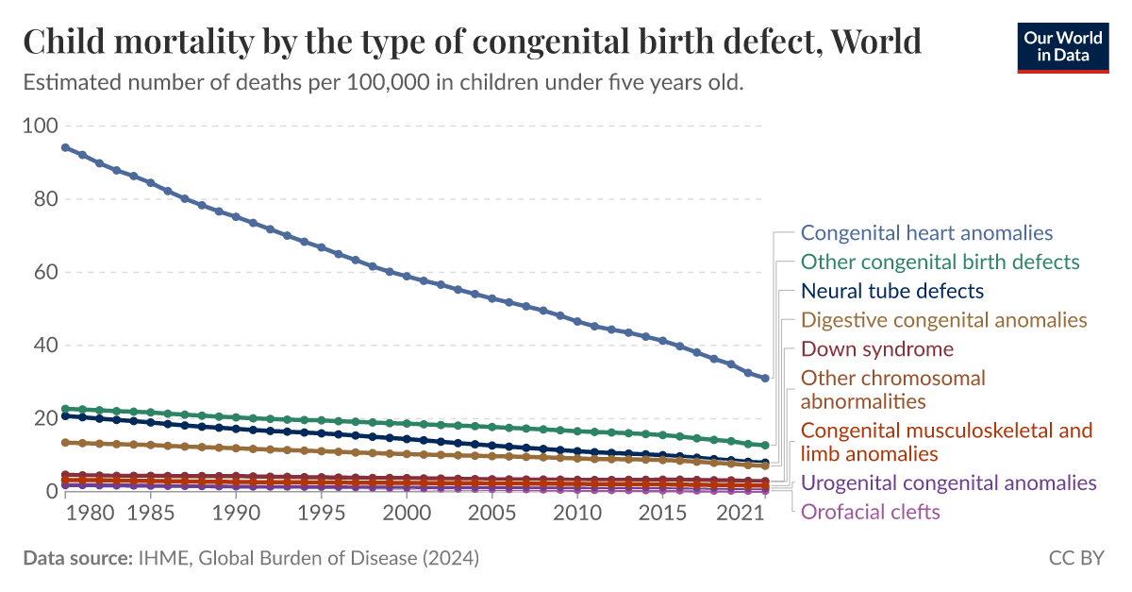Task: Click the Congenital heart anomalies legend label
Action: pyautogui.click(x=926, y=232)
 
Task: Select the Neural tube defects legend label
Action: pyautogui.click(x=891, y=291)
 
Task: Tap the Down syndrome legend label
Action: pyautogui.click(x=876, y=349)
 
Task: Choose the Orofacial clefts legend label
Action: pyautogui.click(x=870, y=512)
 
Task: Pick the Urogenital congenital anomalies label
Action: pyautogui.click(x=948, y=482)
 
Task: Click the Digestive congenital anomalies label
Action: pyautogui.click(x=943, y=320)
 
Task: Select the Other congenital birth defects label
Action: pyautogui.click(x=940, y=262)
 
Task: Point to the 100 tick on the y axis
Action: pyautogui.click(x=40, y=127)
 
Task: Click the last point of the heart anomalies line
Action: pyautogui.click(x=765, y=378)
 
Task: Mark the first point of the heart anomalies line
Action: pyautogui.click(x=65, y=147)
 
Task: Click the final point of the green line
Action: pyautogui.click(x=765, y=445)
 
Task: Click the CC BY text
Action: pyautogui.click(x=1075, y=558)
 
